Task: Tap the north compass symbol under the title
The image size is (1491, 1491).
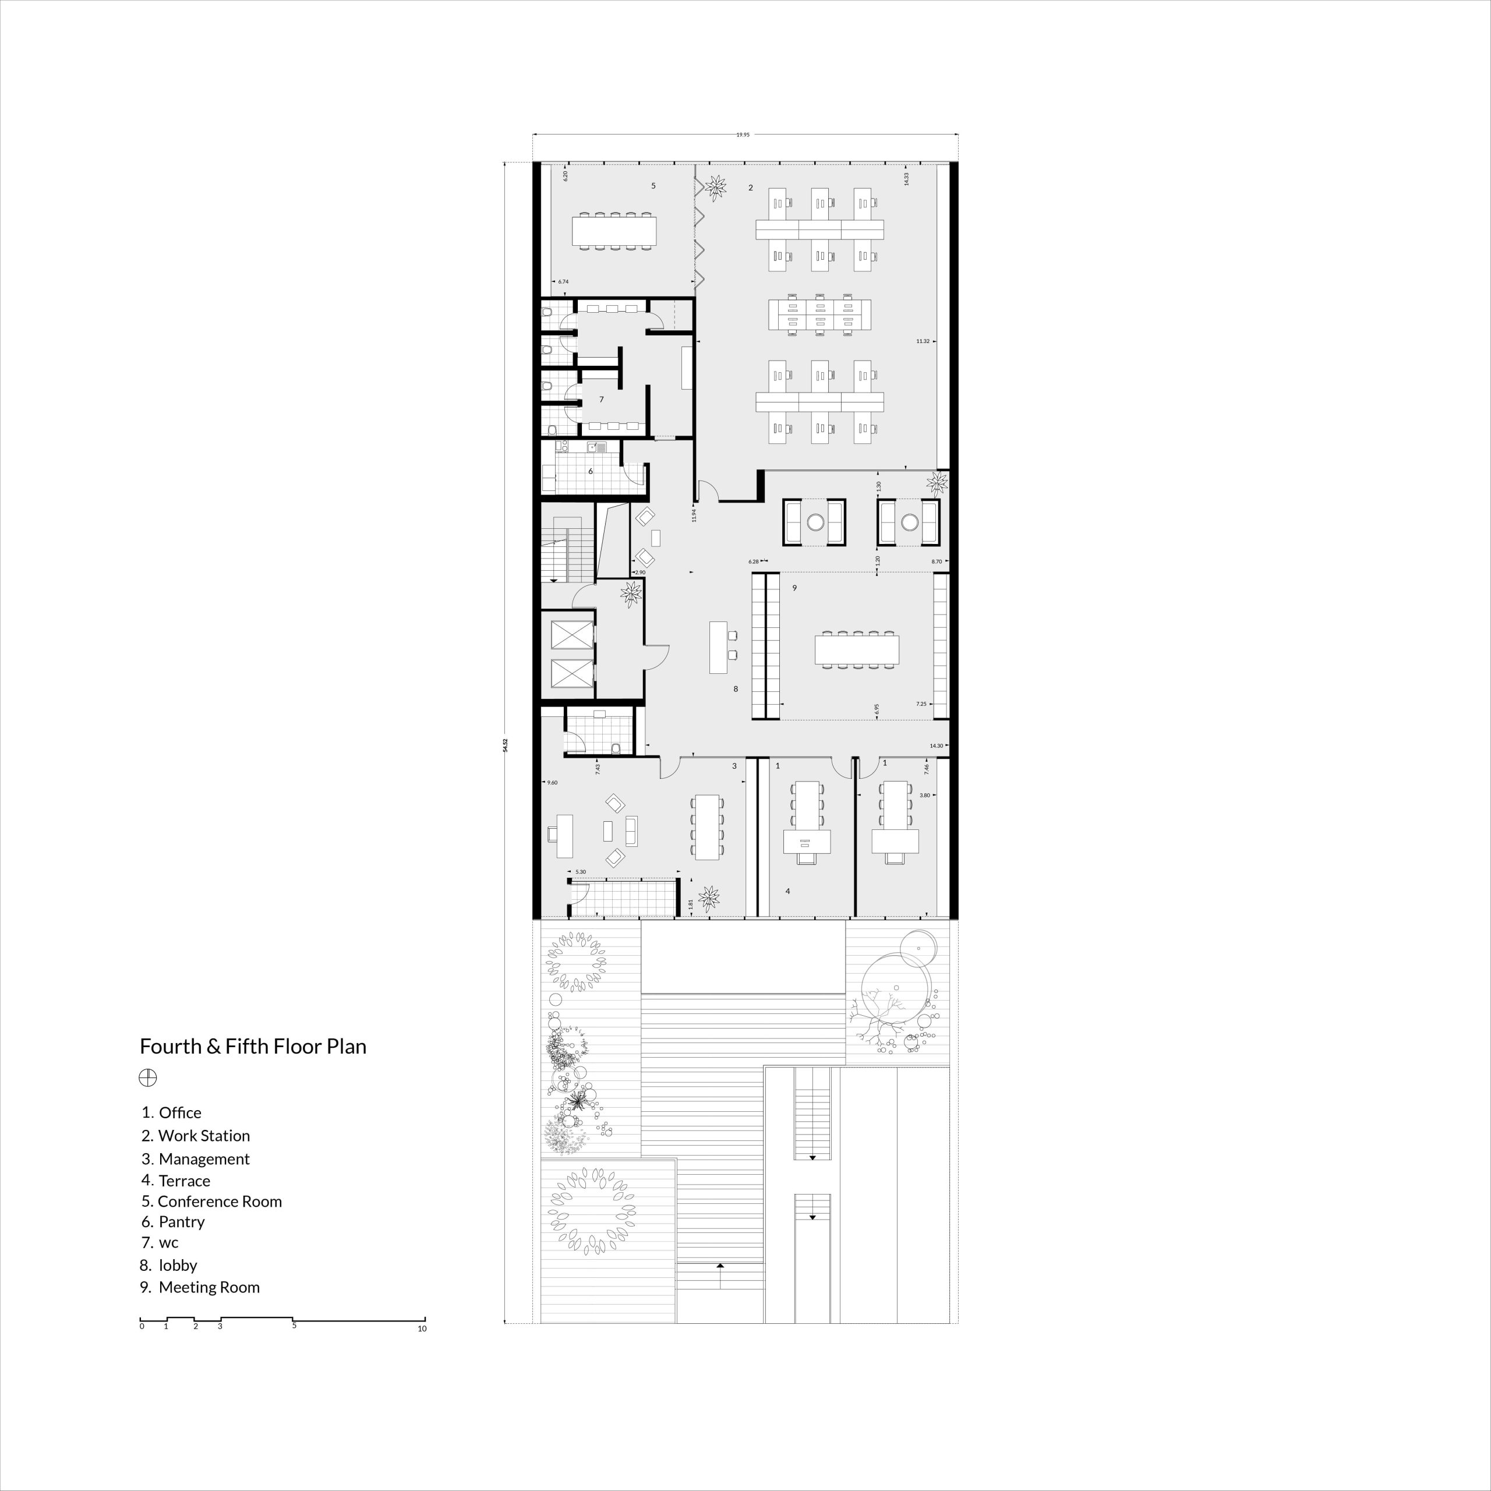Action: pos(147,1078)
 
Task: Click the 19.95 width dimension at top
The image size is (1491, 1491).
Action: pos(743,135)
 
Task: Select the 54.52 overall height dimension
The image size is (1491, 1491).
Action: pos(506,745)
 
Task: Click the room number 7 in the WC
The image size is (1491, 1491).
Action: pos(601,400)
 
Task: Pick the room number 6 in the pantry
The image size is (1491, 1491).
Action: pos(591,471)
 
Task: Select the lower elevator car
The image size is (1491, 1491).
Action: pos(571,673)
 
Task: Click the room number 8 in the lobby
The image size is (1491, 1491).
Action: pos(736,688)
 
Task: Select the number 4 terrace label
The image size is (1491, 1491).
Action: pos(787,891)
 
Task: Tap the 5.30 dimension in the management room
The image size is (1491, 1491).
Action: pos(580,872)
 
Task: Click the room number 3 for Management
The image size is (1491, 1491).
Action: pos(734,766)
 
